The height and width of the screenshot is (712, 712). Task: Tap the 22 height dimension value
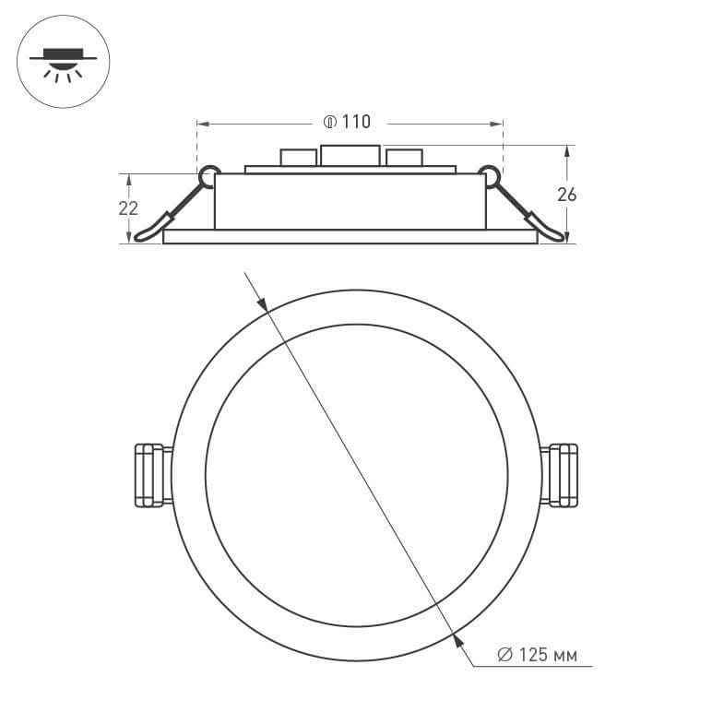(x=128, y=208)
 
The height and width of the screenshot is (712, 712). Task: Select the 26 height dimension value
(x=567, y=194)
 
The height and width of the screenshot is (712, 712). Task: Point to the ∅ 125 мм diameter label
(x=537, y=656)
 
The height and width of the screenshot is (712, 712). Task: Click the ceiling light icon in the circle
(x=64, y=63)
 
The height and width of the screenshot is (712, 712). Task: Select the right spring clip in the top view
(x=561, y=475)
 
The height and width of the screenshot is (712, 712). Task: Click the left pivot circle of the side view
(x=208, y=172)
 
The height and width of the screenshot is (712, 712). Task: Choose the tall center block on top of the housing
(x=349, y=156)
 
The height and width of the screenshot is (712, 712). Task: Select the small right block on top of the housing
(x=404, y=158)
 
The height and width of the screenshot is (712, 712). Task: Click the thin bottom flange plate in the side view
(x=350, y=237)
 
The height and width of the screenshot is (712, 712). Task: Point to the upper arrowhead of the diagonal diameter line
(x=262, y=303)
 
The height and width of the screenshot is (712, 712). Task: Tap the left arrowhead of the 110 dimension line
(x=202, y=123)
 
